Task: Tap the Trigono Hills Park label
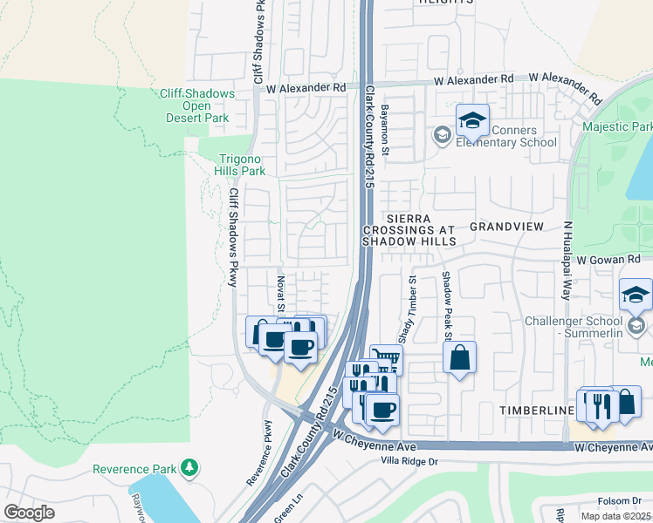tap(240, 165)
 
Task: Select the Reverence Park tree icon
tap(189, 470)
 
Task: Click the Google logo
tap(29, 513)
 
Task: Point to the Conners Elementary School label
tap(512, 136)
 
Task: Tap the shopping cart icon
tap(386, 358)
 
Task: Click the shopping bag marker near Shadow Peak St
tap(459, 357)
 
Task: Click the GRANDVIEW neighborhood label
tap(506, 227)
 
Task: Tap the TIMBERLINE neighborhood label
tap(534, 410)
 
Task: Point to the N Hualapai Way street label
tap(567, 260)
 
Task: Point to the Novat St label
tap(281, 292)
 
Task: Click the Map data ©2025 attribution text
tap(615, 516)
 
